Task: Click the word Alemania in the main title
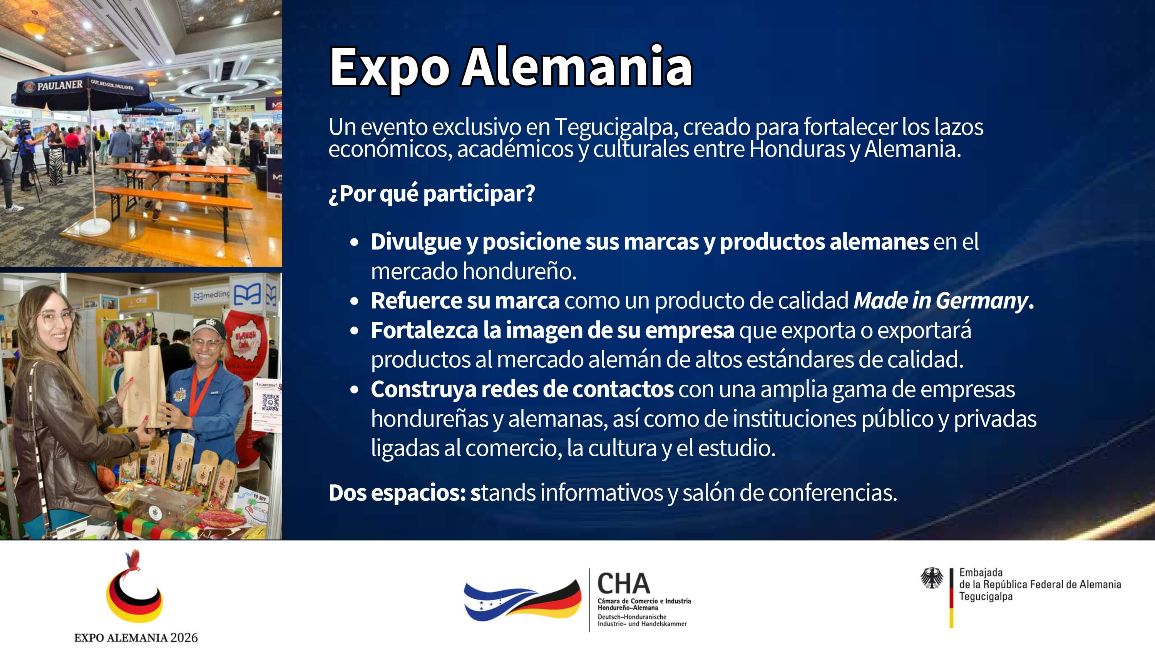point(577,67)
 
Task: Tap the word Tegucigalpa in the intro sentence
point(614,127)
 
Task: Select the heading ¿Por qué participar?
point(432,194)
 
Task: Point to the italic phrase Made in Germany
point(941,301)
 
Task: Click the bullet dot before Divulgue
point(355,242)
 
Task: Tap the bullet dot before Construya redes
point(355,390)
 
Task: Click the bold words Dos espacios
point(397,493)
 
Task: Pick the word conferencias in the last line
point(833,493)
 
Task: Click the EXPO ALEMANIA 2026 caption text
point(136,637)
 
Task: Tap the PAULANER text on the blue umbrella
point(60,85)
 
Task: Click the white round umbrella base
point(95,226)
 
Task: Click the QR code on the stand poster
point(270,402)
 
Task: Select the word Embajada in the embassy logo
point(981,572)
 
